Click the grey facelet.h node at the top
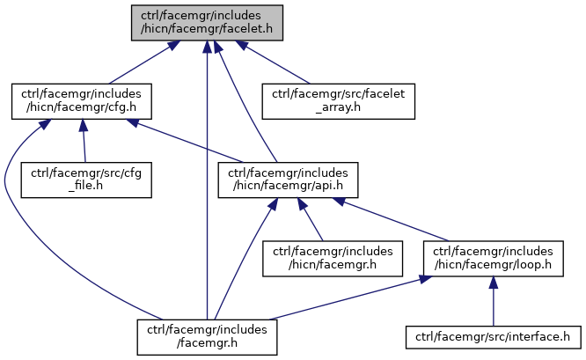coord(207,22)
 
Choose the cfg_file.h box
coord(87,180)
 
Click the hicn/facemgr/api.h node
coord(289,180)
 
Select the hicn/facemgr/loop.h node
coord(493,257)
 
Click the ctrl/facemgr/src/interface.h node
coord(493,335)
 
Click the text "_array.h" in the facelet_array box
coord(339,108)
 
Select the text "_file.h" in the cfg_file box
coord(87,187)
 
